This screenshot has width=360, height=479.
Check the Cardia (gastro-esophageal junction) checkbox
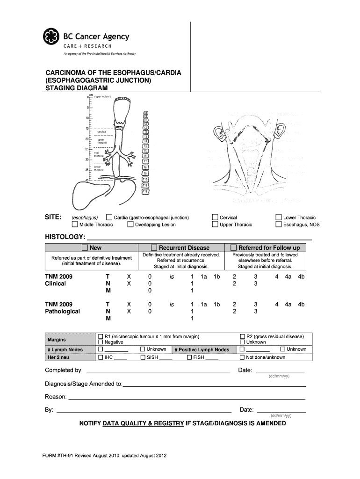[x=109, y=217]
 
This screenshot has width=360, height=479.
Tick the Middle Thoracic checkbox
[x=74, y=224]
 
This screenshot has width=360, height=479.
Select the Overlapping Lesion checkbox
[x=130, y=224]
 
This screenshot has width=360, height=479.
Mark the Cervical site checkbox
[x=215, y=217]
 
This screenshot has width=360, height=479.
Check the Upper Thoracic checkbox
[x=215, y=224]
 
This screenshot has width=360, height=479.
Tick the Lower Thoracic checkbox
[x=279, y=217]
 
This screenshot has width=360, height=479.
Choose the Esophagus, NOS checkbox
[x=279, y=224]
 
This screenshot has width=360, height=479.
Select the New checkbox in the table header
[x=85, y=247]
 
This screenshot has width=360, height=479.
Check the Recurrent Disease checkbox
[x=154, y=247]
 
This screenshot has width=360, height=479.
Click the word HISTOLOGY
[x=65, y=237]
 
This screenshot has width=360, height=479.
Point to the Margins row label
[x=57, y=340]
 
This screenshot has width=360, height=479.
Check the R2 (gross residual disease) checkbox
[x=242, y=336]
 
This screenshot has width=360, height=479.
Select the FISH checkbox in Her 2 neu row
[x=189, y=357]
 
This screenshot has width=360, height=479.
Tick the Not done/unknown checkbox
[x=242, y=357]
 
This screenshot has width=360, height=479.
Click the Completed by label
[x=64, y=370]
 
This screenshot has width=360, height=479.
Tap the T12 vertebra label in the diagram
[x=145, y=191]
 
